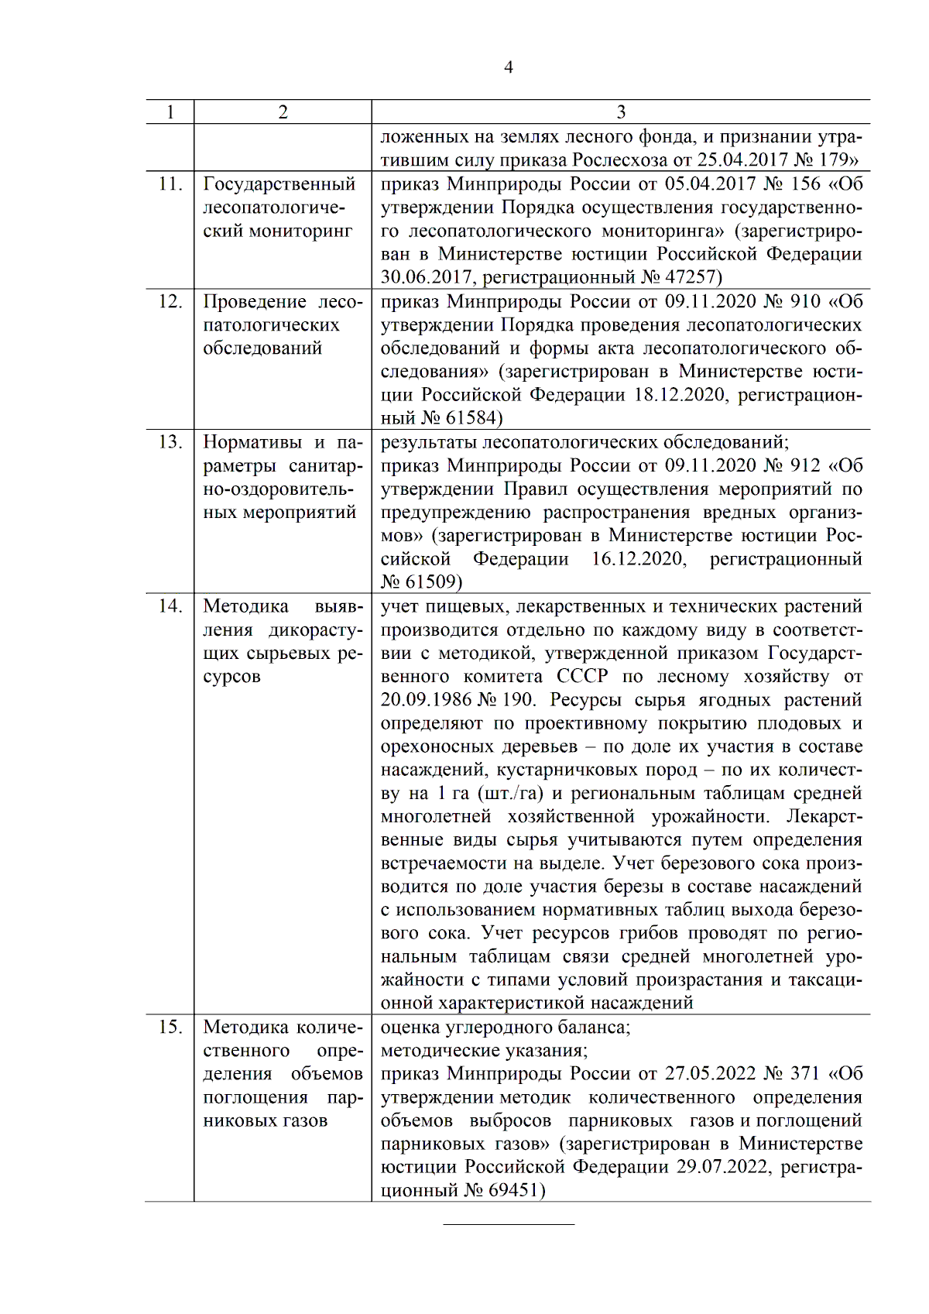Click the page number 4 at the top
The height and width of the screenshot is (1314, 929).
509,67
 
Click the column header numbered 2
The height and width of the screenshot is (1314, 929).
283,112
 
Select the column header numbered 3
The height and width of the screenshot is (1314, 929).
621,112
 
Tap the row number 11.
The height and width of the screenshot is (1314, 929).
170,184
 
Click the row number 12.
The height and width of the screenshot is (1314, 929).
170,301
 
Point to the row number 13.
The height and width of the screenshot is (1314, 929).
170,442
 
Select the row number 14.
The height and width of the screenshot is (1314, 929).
170,606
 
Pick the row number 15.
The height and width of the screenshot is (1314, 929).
170,1028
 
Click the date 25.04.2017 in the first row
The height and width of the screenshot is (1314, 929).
740,160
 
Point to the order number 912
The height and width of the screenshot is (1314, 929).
804,465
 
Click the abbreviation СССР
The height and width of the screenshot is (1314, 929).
583,676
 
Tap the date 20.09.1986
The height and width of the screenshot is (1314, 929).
426,699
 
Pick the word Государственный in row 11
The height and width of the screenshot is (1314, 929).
279,184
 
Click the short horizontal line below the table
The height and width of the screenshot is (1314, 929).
509,1224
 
